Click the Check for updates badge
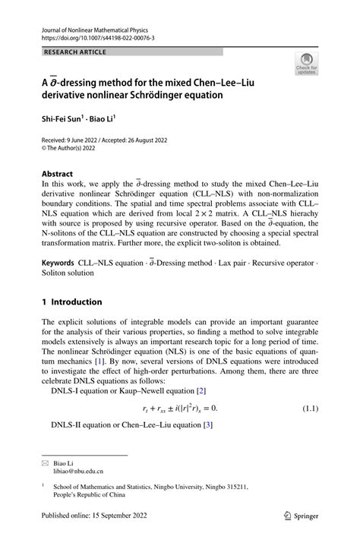click(306, 65)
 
